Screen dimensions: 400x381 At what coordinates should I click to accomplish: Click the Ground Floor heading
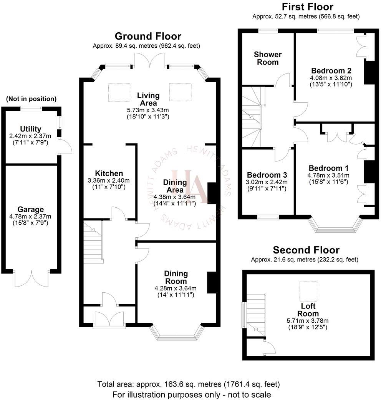[148, 37]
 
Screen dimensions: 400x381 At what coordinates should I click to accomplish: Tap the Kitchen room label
[109, 173]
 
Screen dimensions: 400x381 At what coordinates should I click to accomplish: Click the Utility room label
[31, 129]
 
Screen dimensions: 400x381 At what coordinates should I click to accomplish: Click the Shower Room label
[267, 58]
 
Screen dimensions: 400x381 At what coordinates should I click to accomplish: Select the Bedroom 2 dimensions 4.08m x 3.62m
[331, 78]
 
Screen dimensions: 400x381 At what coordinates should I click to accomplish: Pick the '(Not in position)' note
[31, 99]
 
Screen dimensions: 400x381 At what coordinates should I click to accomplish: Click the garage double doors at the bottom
[32, 278]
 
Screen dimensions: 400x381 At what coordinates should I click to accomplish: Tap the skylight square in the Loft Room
[308, 291]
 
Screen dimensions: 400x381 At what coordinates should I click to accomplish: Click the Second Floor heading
[306, 250]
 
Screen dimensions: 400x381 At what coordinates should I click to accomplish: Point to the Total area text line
[189, 384]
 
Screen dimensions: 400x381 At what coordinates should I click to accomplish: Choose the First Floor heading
[307, 7]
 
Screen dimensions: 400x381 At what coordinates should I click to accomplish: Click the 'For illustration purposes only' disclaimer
[191, 394]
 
